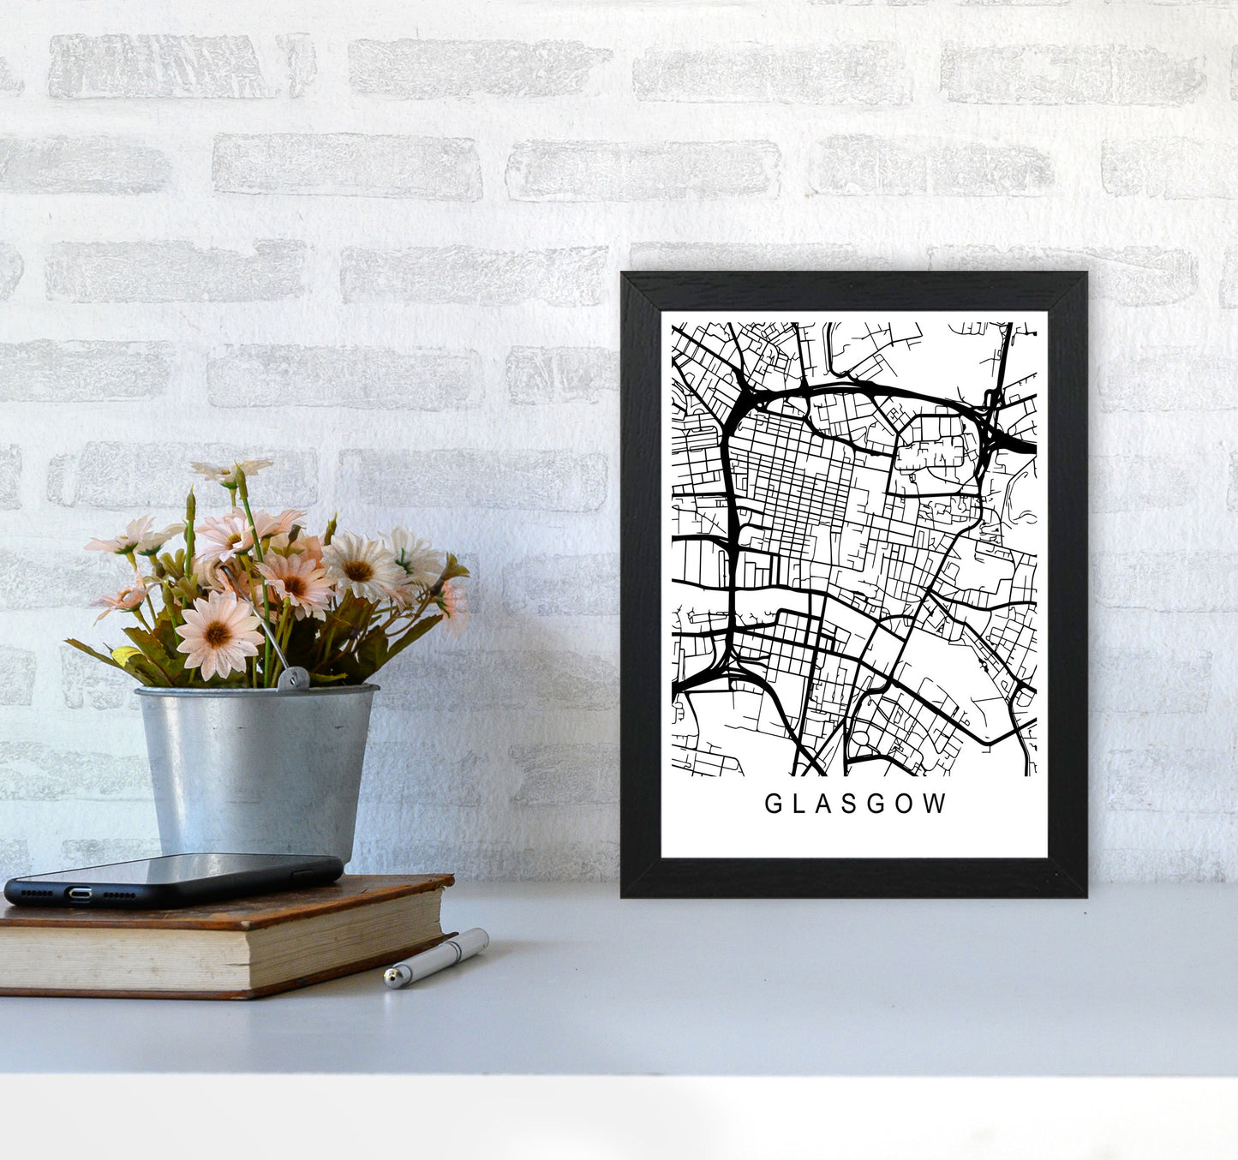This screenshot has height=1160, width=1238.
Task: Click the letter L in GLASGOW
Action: tap(797, 804)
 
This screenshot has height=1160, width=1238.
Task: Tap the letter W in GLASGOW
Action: tap(936, 804)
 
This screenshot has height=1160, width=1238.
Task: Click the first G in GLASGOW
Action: tap(771, 804)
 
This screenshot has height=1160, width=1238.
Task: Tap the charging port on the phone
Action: tap(79, 894)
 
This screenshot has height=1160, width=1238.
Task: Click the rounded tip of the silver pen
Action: tap(391, 977)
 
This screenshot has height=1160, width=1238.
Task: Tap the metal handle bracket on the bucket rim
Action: tap(293, 678)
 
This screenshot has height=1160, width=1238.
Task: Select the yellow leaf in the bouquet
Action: tap(125, 655)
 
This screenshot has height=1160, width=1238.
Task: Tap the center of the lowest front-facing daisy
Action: tap(218, 634)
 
